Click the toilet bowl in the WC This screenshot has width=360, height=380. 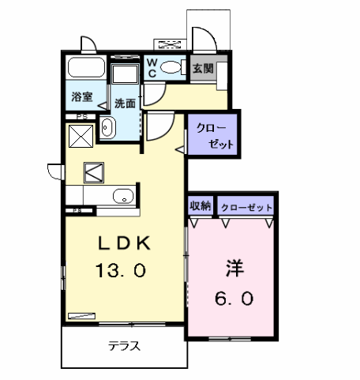pyautogui.click(x=172, y=67)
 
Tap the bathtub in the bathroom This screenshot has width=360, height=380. pyautogui.click(x=87, y=67)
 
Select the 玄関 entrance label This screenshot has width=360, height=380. pyautogui.click(x=203, y=69)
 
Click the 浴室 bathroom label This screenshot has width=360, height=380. pyautogui.click(x=82, y=96)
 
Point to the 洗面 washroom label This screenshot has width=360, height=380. pyautogui.click(x=125, y=103)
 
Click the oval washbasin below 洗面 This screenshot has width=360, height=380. pyautogui.click(x=108, y=127)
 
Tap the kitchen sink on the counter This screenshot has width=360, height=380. pyautogui.click(x=123, y=196)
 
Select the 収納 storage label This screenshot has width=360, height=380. pyautogui.click(x=201, y=205)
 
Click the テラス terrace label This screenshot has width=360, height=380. pyautogui.click(x=124, y=346)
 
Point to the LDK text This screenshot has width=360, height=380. pyautogui.click(x=124, y=243)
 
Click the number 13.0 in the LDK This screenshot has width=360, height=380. pyautogui.click(x=121, y=270)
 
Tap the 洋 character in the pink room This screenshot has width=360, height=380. pyautogui.click(x=234, y=268)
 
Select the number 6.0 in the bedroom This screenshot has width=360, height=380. pyautogui.click(x=234, y=299)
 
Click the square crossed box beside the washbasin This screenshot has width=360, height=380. pyautogui.click(x=81, y=136)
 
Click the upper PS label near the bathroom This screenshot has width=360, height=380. pyautogui.click(x=82, y=117)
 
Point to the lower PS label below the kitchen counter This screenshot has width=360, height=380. pyautogui.click(x=77, y=210)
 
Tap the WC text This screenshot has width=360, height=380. pyautogui.click(x=152, y=68)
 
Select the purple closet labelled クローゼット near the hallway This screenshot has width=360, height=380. pyautogui.click(x=213, y=134)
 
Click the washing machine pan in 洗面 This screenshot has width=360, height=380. pyautogui.click(x=125, y=73)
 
